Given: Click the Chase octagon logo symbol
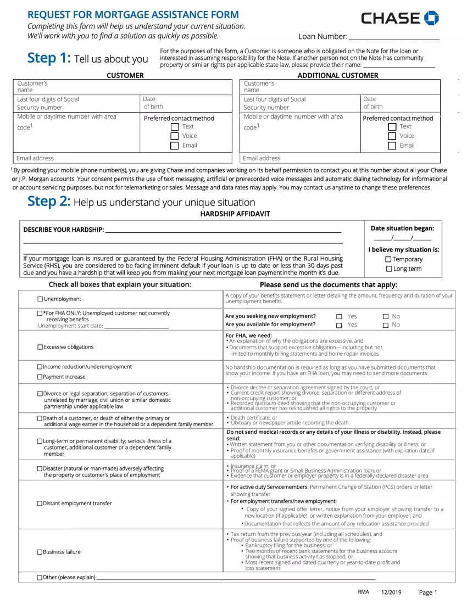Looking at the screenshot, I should pos(431,18).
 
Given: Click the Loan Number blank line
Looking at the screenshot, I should pos(394,37).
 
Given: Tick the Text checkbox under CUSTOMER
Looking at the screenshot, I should pos(175,127).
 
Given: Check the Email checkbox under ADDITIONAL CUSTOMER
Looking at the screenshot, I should pos(392,146).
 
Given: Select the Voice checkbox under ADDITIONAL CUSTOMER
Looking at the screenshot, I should pos(392,136).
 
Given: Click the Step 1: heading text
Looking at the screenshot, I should pos(49,58).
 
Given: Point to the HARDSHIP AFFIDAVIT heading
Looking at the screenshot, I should pos(235,214).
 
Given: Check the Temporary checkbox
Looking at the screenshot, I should pos(388,259).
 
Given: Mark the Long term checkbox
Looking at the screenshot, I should pos(388,269).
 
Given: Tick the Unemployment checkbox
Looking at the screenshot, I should pos(40,299).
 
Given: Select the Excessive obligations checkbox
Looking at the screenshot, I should pos(40,347).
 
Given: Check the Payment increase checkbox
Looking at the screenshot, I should pos(40,377).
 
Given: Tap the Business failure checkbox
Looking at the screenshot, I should pos(40,552).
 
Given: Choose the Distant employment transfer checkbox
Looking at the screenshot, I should pos(40,504).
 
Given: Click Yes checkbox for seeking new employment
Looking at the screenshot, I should pos(339,317).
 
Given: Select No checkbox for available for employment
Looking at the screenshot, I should pos(386,325).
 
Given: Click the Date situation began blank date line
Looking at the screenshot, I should pos(402,238).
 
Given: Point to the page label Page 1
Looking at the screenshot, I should pos(428,592).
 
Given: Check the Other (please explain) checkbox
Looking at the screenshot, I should pos(40,578).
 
